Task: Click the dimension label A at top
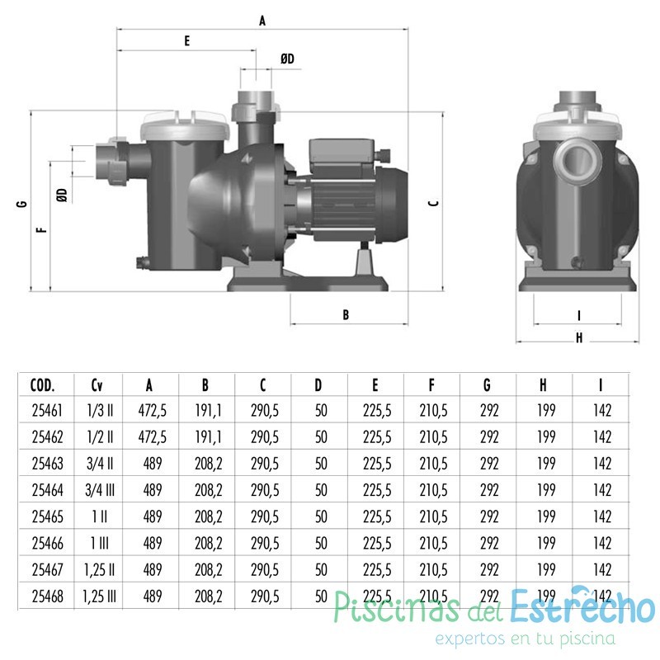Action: coord(262,22)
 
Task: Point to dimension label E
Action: coord(187,40)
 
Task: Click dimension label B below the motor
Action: coord(346,314)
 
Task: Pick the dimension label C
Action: coord(435,202)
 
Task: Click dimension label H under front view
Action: coord(579,337)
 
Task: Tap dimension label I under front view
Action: coord(579,314)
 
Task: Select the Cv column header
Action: coord(98,384)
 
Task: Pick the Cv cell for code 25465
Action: coord(98,516)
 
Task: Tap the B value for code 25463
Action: coord(206,464)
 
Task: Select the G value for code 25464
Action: coord(489,490)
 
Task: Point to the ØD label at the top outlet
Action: coord(287,58)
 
